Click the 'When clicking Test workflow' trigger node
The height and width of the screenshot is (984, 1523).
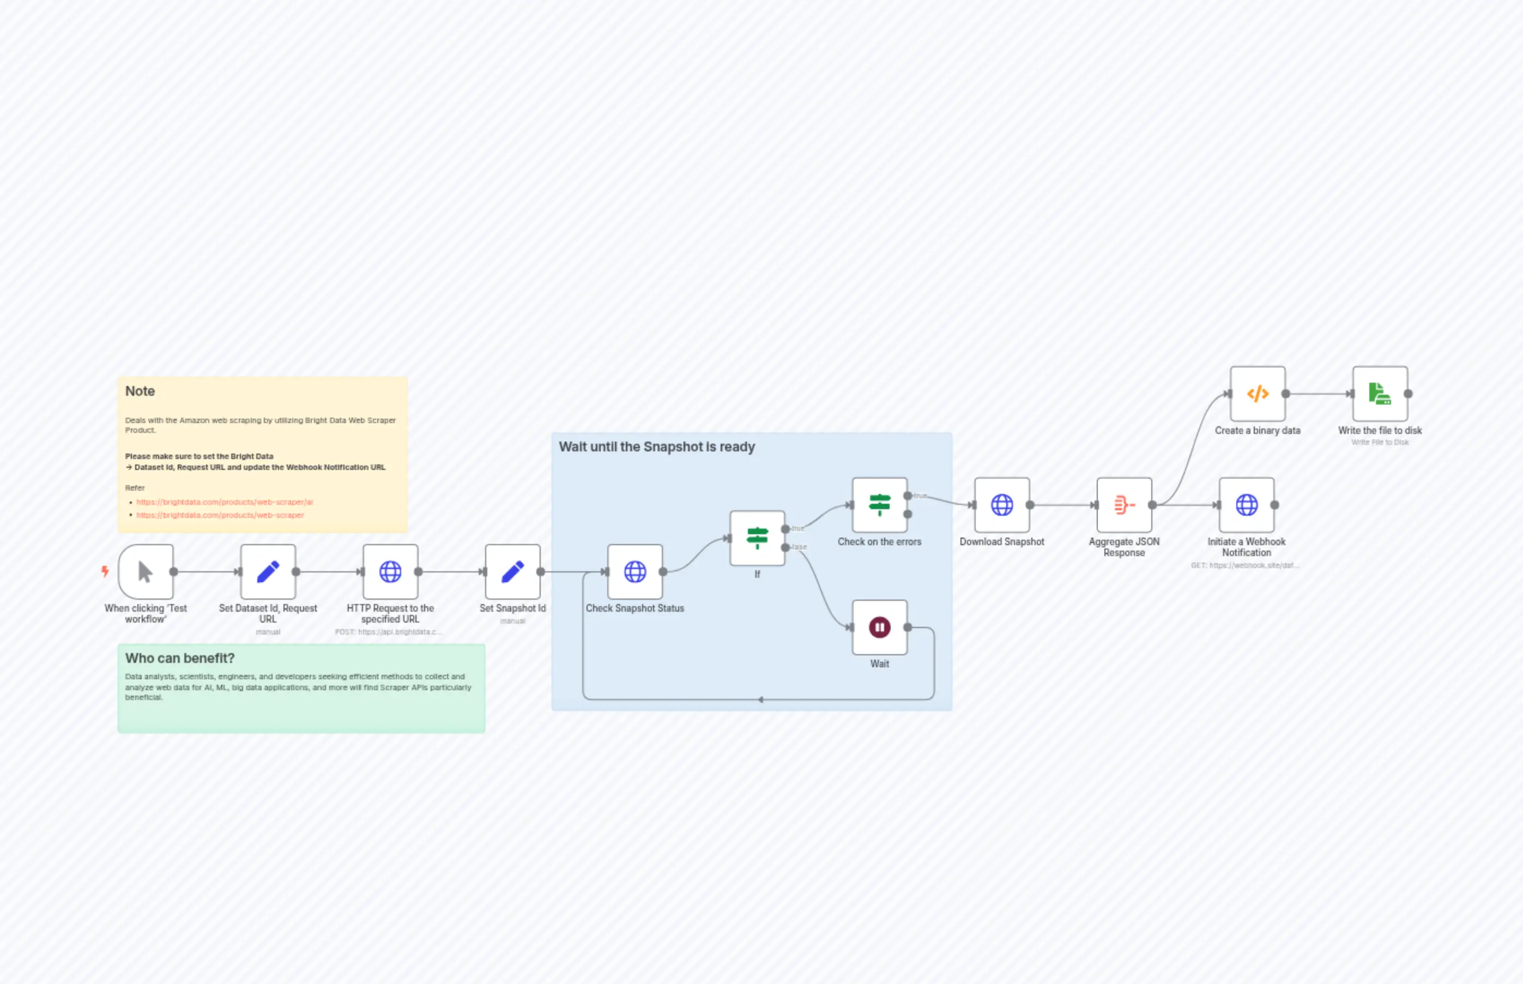146,571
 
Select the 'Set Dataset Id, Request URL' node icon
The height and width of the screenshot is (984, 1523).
268,571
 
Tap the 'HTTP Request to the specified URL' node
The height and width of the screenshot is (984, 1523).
390,571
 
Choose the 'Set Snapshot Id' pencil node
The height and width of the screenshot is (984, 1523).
512,571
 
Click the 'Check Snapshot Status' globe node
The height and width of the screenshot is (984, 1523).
635,571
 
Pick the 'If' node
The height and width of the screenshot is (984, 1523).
757,538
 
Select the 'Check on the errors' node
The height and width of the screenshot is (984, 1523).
880,505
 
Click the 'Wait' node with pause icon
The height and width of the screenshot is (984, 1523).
880,627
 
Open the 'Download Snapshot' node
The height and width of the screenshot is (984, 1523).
1002,505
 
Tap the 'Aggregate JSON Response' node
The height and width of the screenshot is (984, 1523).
1125,505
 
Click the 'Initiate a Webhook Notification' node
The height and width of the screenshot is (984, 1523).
1247,505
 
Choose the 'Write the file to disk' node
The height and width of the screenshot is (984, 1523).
1380,394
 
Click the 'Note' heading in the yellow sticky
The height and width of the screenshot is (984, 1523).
140,391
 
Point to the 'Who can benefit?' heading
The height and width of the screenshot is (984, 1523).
179,658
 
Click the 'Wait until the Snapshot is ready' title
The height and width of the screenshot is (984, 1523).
657,446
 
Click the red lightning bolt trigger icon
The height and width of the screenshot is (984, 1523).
105,571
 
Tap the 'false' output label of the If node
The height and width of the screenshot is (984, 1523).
799,547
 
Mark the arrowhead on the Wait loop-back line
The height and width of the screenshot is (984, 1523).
760,699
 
